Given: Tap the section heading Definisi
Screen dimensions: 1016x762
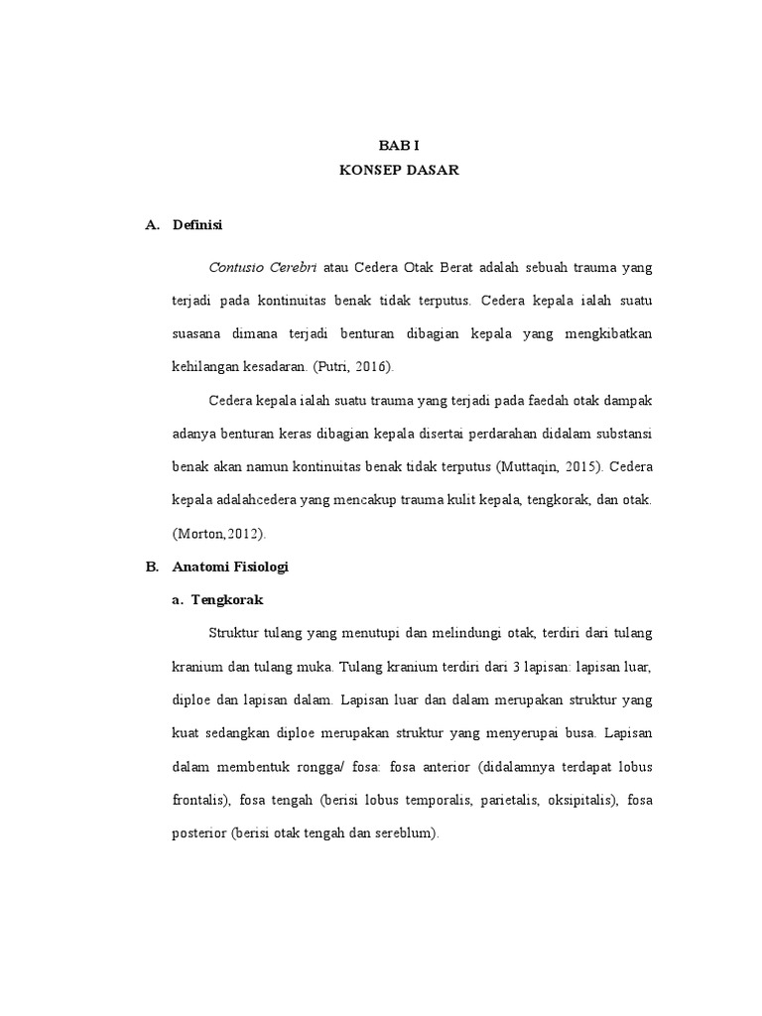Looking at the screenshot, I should pyautogui.click(x=197, y=225).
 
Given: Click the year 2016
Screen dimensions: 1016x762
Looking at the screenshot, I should pyautogui.click(x=369, y=366).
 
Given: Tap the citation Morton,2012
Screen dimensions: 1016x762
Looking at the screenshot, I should pyautogui.click(x=220, y=533).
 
